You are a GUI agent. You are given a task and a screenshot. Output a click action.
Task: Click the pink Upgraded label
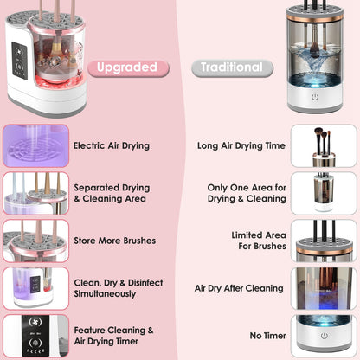click(x=126, y=67)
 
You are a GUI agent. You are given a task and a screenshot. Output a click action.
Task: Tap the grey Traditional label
click(x=231, y=67)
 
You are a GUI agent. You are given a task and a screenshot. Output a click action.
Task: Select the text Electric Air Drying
click(x=112, y=146)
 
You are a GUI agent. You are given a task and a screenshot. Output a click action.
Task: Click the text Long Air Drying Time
click(x=241, y=146)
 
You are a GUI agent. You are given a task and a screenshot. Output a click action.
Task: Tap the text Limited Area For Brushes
click(x=258, y=241)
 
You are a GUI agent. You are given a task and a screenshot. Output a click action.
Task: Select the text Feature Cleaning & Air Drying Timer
click(x=114, y=336)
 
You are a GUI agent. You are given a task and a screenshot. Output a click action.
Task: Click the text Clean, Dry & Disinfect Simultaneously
click(x=106, y=288)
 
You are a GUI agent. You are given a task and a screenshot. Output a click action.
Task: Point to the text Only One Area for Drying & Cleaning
click(x=246, y=193)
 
